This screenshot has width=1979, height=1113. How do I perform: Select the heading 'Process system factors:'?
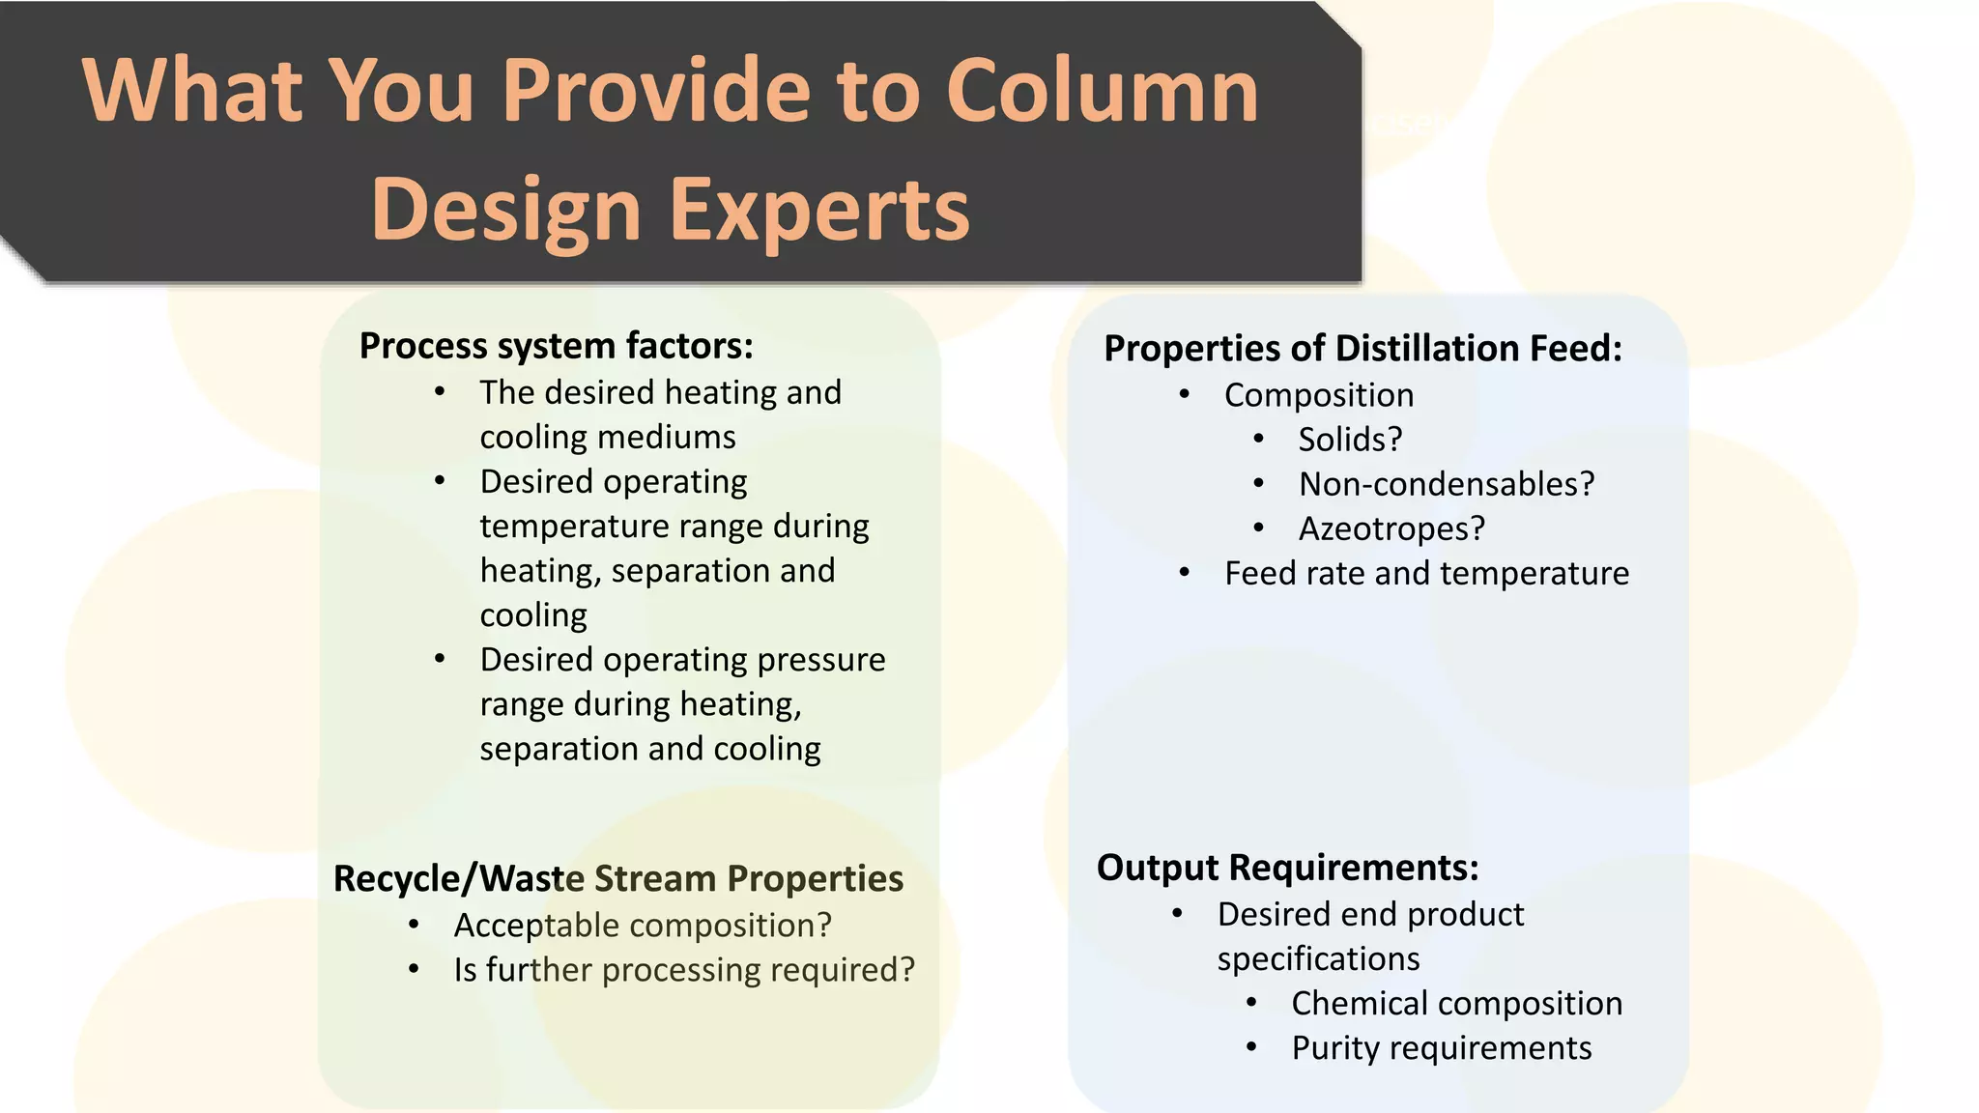[556, 346]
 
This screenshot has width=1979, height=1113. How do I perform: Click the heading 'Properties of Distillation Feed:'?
[1362, 349]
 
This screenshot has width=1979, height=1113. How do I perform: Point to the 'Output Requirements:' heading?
[1287, 868]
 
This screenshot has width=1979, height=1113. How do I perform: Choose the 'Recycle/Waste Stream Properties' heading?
[618, 879]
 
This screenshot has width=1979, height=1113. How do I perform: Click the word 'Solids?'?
[1350, 440]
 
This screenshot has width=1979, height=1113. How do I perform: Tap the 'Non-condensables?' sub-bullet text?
[1447, 484]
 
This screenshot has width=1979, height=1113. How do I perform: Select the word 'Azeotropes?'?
[1391, 528]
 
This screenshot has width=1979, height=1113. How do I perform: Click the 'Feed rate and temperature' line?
[1426, 573]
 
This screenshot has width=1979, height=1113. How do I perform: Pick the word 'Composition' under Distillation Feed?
[1319, 395]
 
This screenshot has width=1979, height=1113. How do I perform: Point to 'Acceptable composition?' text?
[643, 926]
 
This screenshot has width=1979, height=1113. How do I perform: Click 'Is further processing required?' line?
[684, 970]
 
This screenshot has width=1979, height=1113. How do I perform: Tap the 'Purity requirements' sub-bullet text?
[1442, 1048]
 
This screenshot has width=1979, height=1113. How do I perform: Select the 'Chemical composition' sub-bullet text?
[1457, 1004]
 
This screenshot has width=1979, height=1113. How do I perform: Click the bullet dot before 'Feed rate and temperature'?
[1185, 573]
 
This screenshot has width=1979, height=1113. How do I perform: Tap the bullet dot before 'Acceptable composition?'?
[414, 925]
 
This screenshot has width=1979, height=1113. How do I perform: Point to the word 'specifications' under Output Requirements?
[1318, 959]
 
